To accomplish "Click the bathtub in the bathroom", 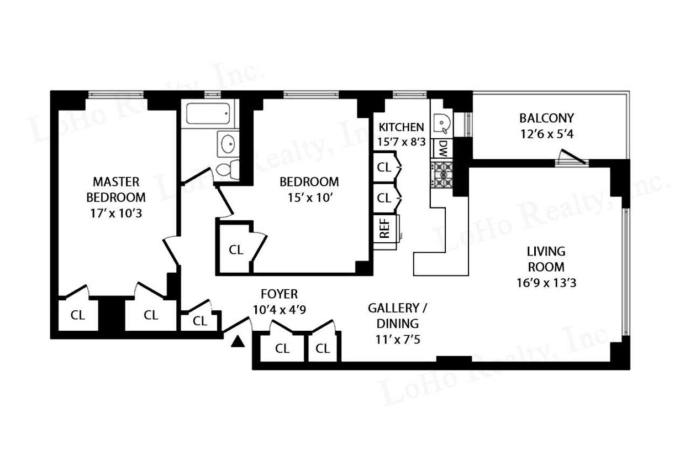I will (208, 114).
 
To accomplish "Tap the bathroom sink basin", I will (227, 145).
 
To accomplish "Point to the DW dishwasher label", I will (442, 148).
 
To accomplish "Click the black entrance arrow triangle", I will (237, 342).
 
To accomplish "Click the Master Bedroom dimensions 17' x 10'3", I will (117, 213).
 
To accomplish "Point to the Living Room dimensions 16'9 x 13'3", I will (546, 283).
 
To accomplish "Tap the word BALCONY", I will (546, 118).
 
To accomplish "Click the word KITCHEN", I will (401, 127).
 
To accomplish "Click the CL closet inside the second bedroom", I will (236, 249).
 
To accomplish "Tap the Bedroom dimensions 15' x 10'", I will (309, 197).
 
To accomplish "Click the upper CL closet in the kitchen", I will (384, 167).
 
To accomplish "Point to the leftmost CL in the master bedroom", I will (78, 315).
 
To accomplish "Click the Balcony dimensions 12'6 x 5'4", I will (546, 134).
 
